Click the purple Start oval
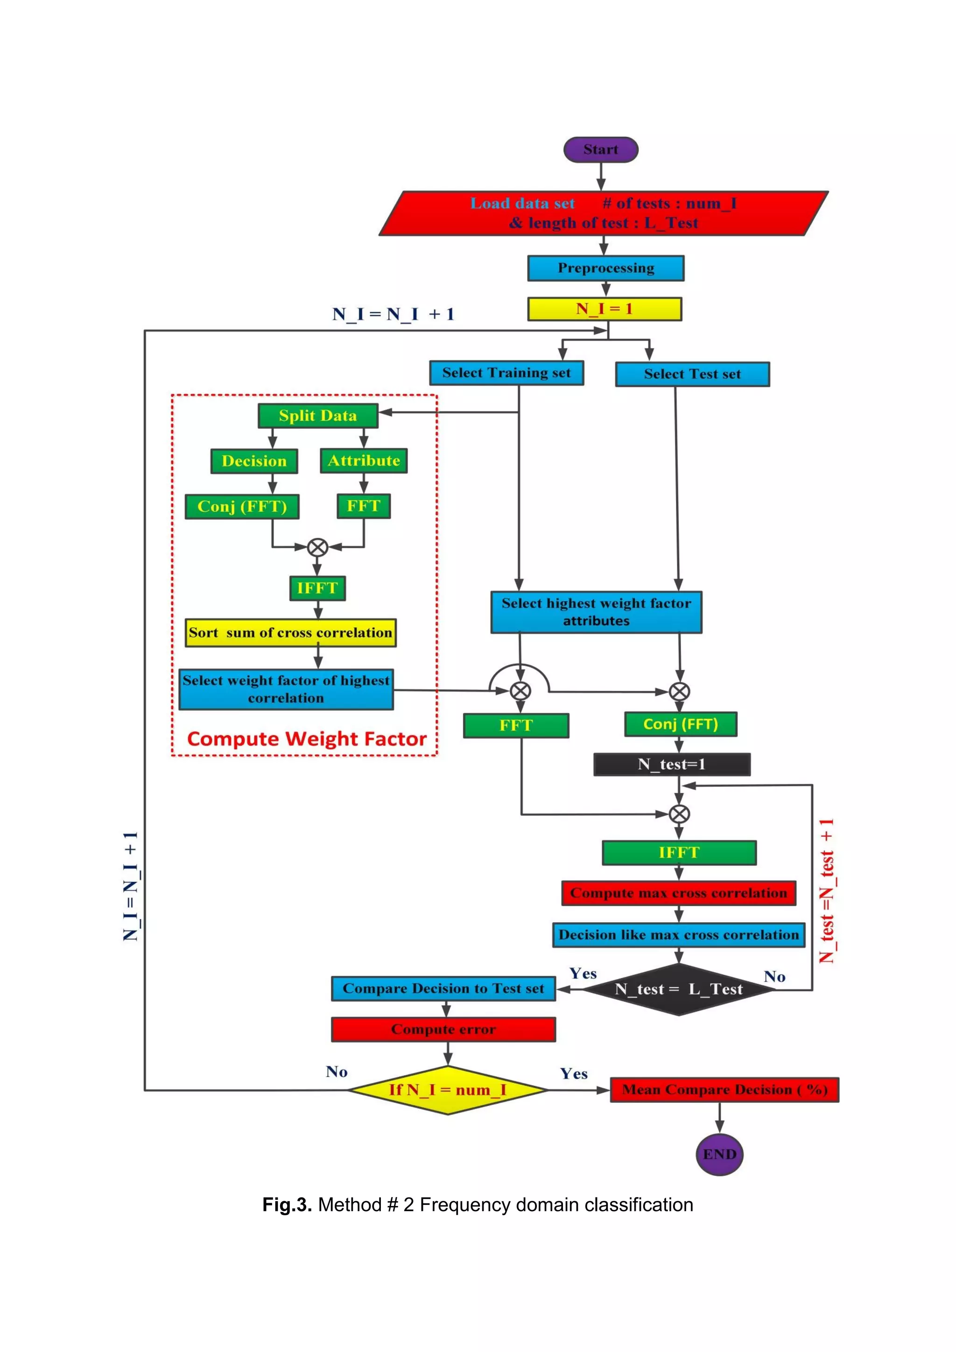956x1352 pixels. point(600,149)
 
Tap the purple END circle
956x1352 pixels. point(719,1154)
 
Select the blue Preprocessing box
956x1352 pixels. point(605,268)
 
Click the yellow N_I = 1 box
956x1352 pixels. point(605,308)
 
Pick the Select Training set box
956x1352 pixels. point(506,373)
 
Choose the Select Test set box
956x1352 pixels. point(692,374)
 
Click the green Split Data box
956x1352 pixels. point(318,416)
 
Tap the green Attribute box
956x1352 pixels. point(364,461)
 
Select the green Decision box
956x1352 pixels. point(254,461)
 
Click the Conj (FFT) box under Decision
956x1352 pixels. point(242,506)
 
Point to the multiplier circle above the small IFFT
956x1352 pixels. point(317,547)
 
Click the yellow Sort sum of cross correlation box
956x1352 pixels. point(290,632)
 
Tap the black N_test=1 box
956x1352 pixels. point(672,764)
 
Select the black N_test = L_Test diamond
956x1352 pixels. point(679,989)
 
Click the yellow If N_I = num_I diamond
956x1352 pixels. point(448,1090)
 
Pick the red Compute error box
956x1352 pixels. point(443,1030)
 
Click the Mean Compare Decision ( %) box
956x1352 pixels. point(724,1090)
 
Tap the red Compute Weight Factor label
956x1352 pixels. point(306,739)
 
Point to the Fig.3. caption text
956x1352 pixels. point(478,1205)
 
